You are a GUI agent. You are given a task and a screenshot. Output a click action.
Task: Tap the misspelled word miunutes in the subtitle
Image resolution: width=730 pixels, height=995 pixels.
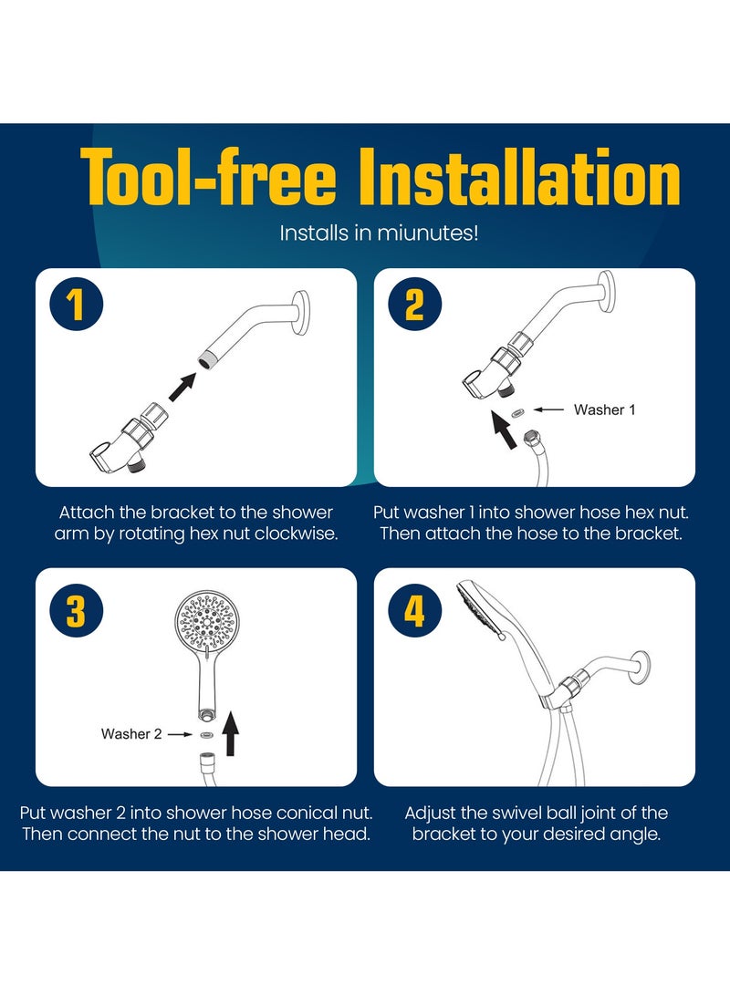430,233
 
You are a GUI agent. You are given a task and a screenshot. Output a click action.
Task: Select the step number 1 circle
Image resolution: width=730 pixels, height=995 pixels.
76,306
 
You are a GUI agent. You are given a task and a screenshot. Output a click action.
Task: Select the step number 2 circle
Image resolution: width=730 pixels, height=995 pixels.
414,306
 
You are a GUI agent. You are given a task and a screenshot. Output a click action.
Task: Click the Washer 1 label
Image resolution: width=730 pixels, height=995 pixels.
604,410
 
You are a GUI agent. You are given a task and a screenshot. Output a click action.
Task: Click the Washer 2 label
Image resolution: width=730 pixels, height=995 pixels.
131,733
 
